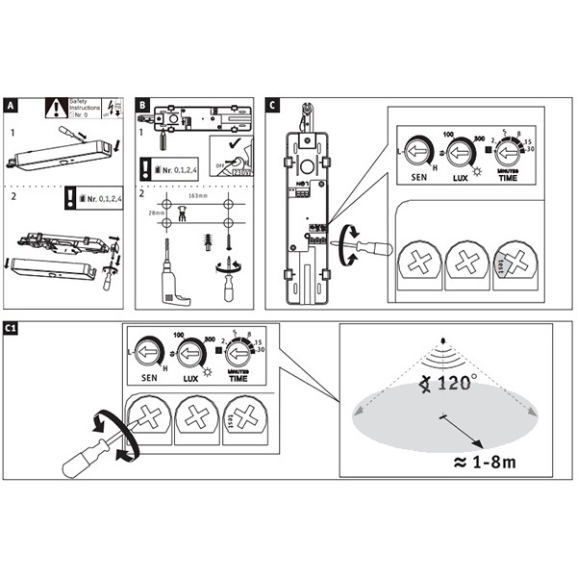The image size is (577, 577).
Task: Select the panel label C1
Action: [x=13, y=330]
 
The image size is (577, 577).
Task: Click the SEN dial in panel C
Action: [x=417, y=151]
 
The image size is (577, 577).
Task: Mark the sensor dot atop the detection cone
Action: [x=442, y=341]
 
